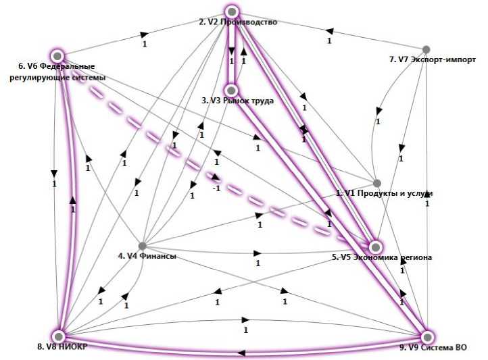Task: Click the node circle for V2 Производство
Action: point(232,11)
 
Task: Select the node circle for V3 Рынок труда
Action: point(232,90)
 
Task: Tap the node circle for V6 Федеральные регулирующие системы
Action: point(57,55)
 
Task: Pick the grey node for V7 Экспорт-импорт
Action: point(426,49)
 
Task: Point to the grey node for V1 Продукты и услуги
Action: point(377,183)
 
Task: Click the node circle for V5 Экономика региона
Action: point(374,247)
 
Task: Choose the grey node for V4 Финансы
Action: point(142,245)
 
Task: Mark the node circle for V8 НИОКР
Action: point(59,336)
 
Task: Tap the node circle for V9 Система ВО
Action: point(426,336)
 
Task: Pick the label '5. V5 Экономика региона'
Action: point(382,257)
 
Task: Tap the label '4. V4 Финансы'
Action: point(147,256)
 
